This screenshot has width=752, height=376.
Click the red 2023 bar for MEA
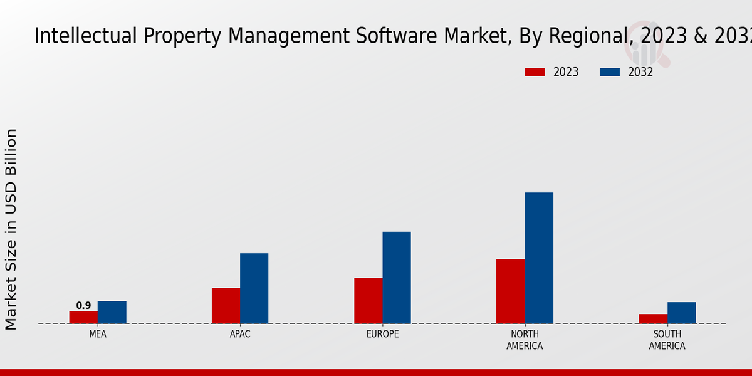click(83, 317)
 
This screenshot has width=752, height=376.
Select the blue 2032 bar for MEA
click(112, 312)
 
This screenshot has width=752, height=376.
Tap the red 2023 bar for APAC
click(226, 306)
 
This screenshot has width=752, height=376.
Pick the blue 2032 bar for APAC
click(254, 288)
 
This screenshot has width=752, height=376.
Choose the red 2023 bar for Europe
click(368, 300)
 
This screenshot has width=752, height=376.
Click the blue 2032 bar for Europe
click(397, 278)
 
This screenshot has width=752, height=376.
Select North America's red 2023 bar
click(511, 291)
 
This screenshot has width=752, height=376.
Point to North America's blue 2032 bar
click(539, 258)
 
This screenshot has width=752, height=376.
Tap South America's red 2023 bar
click(653, 318)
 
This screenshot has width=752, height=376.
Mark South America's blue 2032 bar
click(681, 313)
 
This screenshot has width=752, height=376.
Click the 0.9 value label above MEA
click(83, 306)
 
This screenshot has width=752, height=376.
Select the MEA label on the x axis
click(98, 334)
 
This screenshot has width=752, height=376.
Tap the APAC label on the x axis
click(240, 334)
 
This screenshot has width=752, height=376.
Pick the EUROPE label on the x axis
click(382, 334)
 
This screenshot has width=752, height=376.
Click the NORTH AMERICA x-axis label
click(525, 340)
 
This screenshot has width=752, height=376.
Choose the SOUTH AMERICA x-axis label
click(667, 340)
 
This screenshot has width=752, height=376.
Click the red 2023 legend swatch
click(535, 72)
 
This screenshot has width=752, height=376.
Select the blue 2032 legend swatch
click(609, 72)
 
